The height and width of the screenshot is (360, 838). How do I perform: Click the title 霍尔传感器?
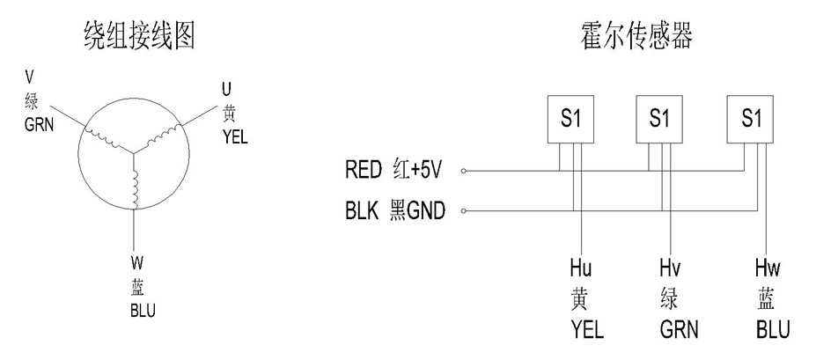tap(636, 36)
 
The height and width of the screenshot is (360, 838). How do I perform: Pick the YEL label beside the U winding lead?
tap(236, 137)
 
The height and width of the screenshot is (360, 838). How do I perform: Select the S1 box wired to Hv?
tap(659, 118)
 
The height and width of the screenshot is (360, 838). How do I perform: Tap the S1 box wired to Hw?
tap(751, 118)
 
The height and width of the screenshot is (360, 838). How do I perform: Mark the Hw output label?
tap(768, 267)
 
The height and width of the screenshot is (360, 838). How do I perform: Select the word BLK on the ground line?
tap(363, 211)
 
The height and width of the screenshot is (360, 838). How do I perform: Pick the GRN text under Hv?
tap(679, 330)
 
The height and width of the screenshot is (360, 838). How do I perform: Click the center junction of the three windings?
tap(135, 151)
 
